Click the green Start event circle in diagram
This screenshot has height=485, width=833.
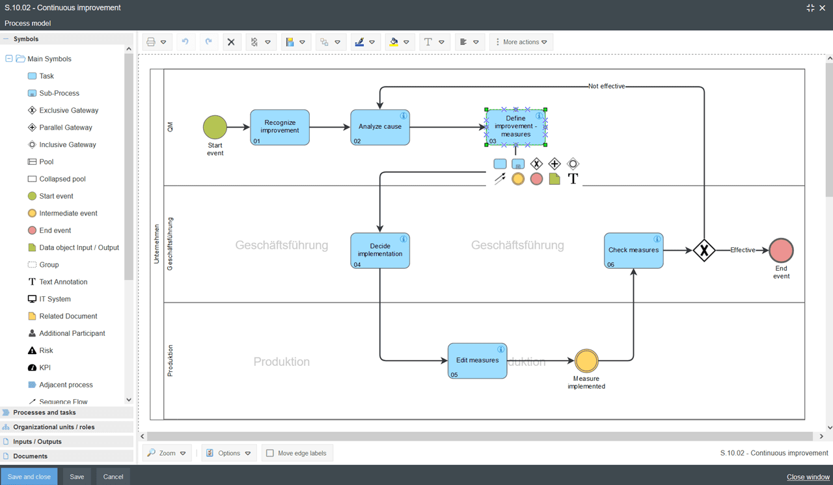pyautogui.click(x=215, y=128)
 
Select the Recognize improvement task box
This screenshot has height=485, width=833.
pyautogui.click(x=280, y=127)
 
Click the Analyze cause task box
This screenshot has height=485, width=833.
pyautogui.click(x=380, y=127)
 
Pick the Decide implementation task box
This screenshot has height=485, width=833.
pyautogui.click(x=380, y=251)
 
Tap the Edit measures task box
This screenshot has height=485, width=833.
pyautogui.click(x=477, y=361)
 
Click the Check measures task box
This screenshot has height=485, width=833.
pyautogui.click(x=633, y=251)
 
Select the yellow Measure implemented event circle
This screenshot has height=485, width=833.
pyautogui.click(x=586, y=361)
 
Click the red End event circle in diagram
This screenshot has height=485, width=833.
pyautogui.click(x=781, y=251)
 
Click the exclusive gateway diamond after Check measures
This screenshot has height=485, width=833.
pyautogui.click(x=703, y=250)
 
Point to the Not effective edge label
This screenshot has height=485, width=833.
pyautogui.click(x=606, y=86)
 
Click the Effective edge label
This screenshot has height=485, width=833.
pyautogui.click(x=743, y=250)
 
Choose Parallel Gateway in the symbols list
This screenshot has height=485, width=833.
pyautogui.click(x=65, y=128)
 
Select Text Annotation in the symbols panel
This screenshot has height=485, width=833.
pyautogui.click(x=62, y=282)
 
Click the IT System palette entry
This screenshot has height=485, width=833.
pyautogui.click(x=55, y=299)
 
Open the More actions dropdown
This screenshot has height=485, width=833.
pyautogui.click(x=521, y=42)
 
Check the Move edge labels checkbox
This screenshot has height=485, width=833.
pyautogui.click(x=270, y=453)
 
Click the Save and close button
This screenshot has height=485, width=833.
pyautogui.click(x=29, y=477)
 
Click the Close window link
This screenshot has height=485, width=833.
pyautogui.click(x=808, y=477)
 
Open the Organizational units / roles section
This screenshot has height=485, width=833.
pyautogui.click(x=53, y=427)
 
